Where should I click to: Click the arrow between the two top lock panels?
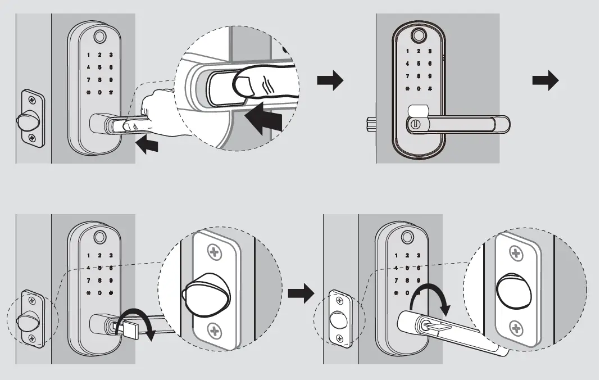[330, 82]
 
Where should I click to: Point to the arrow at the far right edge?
[545, 82]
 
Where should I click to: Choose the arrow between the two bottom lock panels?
[301, 292]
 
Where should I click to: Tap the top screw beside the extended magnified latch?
[214, 252]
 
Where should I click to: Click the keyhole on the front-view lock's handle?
[415, 123]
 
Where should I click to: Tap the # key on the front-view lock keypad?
[430, 89]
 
